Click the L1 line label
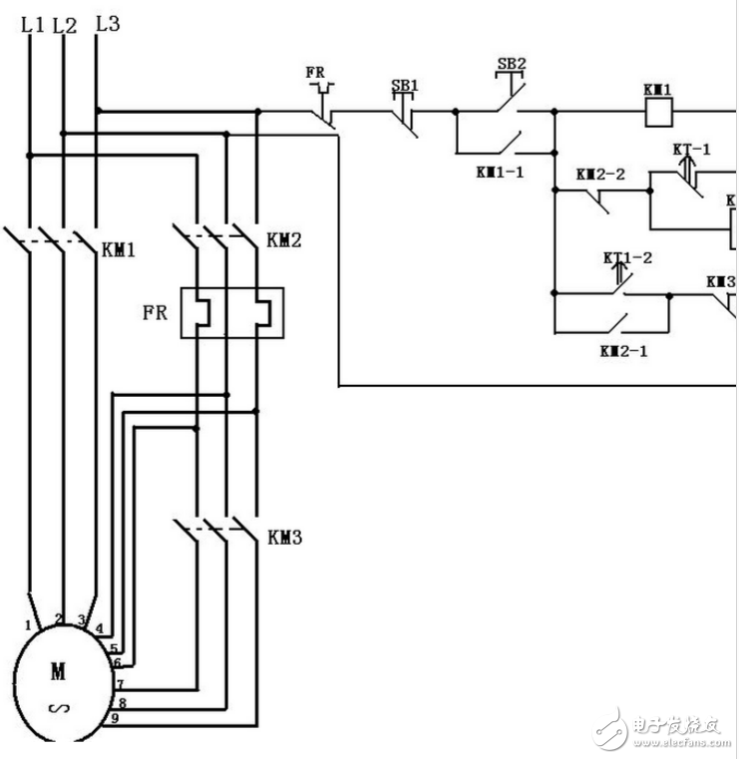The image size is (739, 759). click(x=32, y=24)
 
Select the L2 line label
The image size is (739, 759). click(x=65, y=25)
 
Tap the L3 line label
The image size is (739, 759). click(x=106, y=22)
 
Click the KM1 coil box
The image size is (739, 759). click(x=657, y=112)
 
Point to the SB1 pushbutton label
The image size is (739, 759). click(x=404, y=86)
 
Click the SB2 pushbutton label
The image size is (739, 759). click(x=511, y=65)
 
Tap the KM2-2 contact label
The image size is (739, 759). click(x=600, y=175)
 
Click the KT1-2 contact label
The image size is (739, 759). click(x=627, y=257)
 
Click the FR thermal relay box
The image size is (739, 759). click(x=231, y=312)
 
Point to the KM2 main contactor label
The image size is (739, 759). click(x=283, y=240)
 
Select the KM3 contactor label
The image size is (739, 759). click(x=284, y=538)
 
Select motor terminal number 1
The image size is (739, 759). click(x=27, y=625)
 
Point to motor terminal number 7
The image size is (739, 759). click(x=119, y=684)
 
